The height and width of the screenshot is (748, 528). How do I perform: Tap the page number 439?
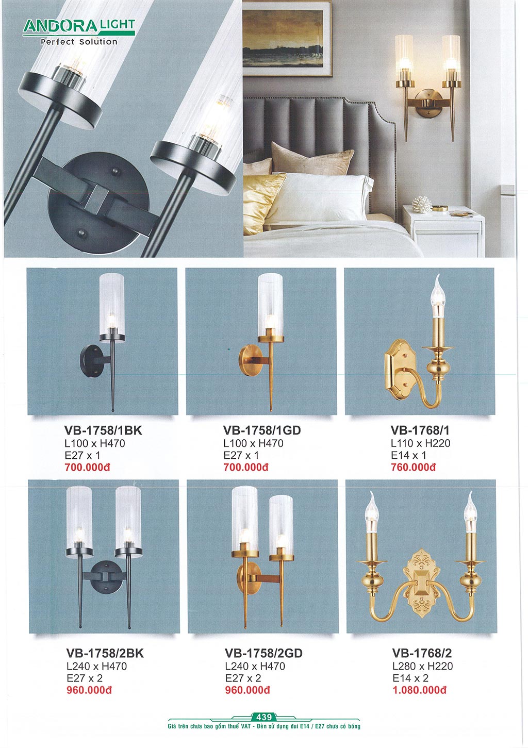[264, 717]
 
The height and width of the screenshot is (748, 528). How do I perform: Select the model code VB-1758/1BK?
[103, 430]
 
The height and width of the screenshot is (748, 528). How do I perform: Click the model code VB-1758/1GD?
[262, 430]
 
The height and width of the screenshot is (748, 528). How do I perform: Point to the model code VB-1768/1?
[420, 430]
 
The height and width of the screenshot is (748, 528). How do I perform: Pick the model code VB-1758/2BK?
[105, 653]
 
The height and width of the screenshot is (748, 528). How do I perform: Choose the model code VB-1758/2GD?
[263, 653]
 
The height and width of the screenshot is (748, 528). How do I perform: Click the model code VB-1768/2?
[422, 653]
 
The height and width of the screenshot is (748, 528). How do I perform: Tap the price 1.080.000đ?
[420, 690]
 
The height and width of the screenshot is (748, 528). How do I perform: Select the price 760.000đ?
[414, 467]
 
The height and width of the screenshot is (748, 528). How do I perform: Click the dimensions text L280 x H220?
[422, 666]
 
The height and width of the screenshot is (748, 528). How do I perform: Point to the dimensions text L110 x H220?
[420, 443]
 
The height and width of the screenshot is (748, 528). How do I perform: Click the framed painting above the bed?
[287, 38]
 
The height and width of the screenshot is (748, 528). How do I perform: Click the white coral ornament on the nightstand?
[422, 204]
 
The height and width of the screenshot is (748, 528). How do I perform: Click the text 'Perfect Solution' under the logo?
[79, 42]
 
